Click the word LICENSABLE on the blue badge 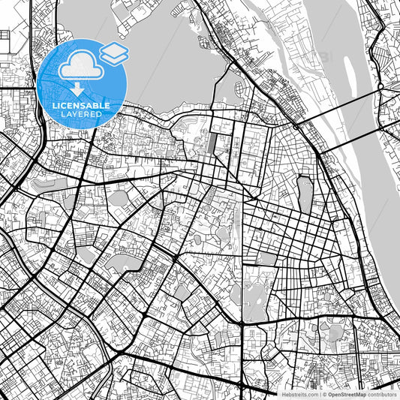coord(81,106)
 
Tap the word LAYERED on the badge coord(81,116)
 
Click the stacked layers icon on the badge coord(114,53)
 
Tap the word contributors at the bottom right coord(382,394)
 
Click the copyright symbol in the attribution coord(323,394)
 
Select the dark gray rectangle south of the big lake coord(212,143)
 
